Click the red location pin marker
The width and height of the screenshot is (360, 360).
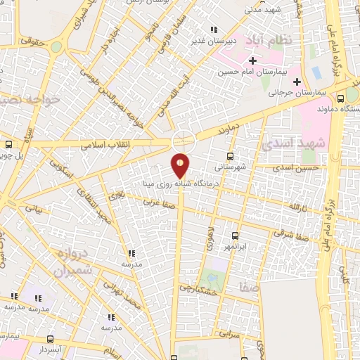point(181,166)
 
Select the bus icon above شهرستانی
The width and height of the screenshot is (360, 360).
point(230,157)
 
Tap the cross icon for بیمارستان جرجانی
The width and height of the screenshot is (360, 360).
point(297,82)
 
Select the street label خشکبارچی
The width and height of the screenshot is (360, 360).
point(193,288)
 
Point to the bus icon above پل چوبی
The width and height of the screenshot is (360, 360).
point(8,146)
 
